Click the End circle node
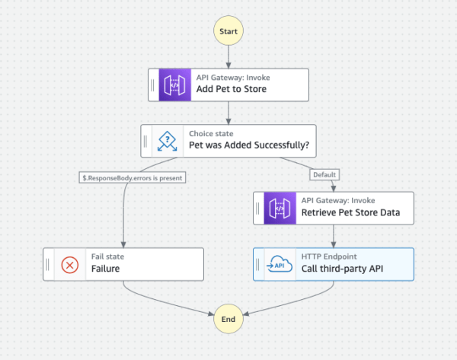[x=228, y=320]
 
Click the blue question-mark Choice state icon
[x=167, y=141]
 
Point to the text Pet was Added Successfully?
[x=248, y=146]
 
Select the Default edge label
[x=324, y=174]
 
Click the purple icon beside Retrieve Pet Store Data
[x=280, y=208]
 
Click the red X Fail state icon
[x=70, y=264]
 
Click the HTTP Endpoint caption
[x=328, y=257]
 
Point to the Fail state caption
[x=107, y=257]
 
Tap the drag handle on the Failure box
[x=49, y=264]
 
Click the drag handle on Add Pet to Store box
[x=154, y=84]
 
